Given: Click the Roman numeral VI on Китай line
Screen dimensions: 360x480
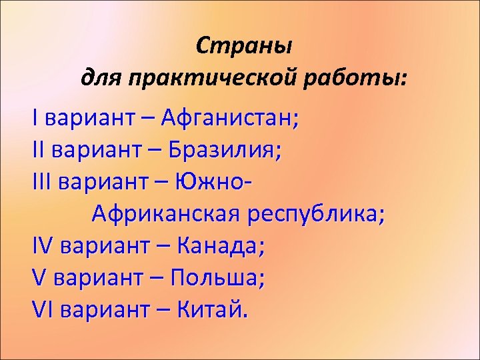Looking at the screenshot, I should click(41, 309).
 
